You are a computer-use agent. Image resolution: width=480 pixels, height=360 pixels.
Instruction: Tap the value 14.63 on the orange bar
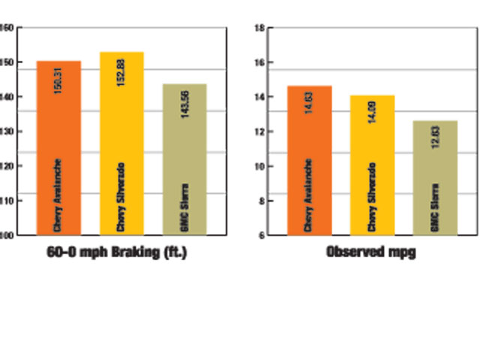pos(310,103)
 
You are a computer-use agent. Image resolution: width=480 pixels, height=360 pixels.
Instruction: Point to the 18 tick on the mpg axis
pos(259,28)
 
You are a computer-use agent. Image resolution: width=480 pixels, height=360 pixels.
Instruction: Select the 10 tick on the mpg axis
pos(259,166)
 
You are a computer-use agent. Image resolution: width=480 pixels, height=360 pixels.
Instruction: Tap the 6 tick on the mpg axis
pos(260,235)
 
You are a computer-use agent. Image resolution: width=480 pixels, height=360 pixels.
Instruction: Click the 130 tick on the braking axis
pos(7,131)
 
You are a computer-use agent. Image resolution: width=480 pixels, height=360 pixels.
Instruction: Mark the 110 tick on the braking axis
pos(7,200)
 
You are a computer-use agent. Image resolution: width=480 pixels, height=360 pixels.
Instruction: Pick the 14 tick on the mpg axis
pos(259,97)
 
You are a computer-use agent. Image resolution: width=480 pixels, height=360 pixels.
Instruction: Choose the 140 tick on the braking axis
pos(7,97)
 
